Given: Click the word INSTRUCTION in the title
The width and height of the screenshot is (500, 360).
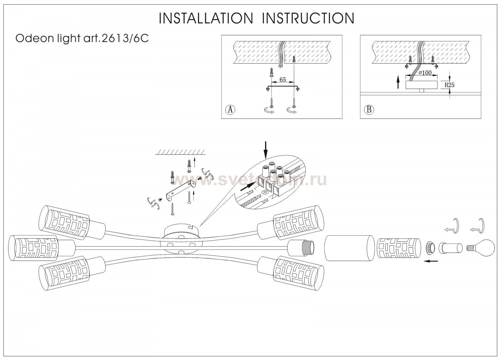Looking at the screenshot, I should [x=308, y=18].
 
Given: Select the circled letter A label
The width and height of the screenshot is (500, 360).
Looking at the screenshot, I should [x=230, y=109].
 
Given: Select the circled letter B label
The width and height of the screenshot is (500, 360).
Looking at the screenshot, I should [x=369, y=109].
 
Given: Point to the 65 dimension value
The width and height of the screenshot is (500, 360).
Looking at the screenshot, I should [x=282, y=80].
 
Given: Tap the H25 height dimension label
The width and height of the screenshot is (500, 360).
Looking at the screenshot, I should [x=450, y=85].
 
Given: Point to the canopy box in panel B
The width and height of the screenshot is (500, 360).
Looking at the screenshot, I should [x=422, y=85].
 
